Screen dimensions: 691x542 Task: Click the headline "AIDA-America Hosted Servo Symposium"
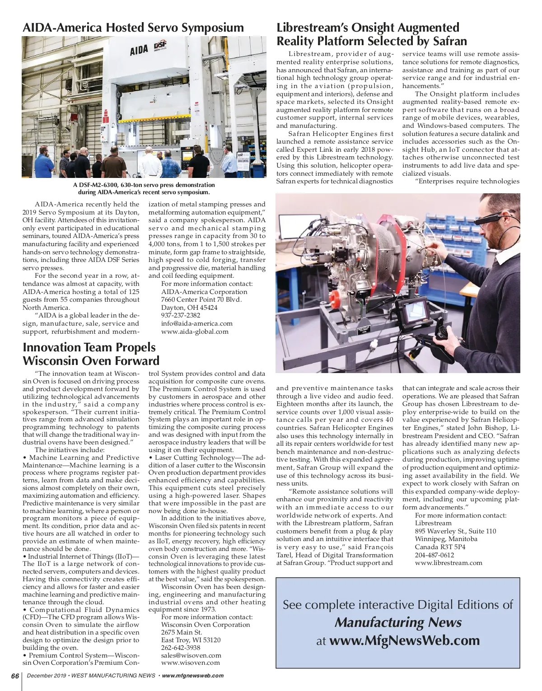[133, 28]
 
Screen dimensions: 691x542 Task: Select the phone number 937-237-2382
[181, 315]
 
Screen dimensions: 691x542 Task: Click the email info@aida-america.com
[197, 323]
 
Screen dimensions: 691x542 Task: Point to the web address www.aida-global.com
[195, 331]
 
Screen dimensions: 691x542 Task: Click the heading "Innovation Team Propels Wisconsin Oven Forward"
[91, 354]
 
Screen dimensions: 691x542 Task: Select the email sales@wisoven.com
[191, 655]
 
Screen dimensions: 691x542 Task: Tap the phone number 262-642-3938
[181, 647]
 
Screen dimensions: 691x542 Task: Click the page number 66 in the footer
[14, 676]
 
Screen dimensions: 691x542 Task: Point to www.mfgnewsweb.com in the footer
[192, 676]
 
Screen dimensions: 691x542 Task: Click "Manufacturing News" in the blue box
[397, 623]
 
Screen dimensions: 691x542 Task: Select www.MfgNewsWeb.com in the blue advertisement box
[404, 640]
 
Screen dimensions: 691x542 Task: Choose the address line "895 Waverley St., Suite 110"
[455, 531]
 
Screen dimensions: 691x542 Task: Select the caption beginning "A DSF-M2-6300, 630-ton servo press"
[144, 189]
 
